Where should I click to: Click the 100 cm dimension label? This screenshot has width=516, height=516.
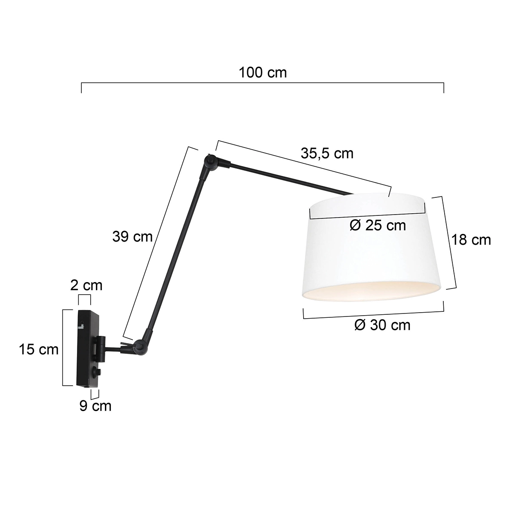[262, 72]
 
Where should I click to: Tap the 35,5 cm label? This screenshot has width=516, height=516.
[327, 153]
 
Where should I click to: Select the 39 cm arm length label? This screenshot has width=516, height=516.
[132, 236]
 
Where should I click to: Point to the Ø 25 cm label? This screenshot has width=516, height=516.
[378, 225]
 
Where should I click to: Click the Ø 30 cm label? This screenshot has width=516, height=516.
[382, 325]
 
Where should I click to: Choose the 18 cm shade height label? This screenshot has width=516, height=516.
[471, 240]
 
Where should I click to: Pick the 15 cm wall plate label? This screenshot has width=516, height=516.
[39, 350]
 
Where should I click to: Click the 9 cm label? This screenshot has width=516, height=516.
[95, 405]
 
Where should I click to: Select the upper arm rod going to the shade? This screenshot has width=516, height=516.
[292, 178]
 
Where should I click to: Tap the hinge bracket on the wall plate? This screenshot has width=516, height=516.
[100, 347]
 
